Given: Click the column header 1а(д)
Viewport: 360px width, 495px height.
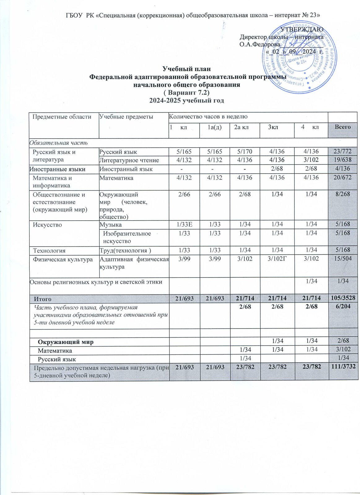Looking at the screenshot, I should [x=215, y=127].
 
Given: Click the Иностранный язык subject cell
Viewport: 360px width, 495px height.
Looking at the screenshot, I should [x=126, y=169].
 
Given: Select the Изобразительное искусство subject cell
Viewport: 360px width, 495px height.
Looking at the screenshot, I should [x=127, y=237].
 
